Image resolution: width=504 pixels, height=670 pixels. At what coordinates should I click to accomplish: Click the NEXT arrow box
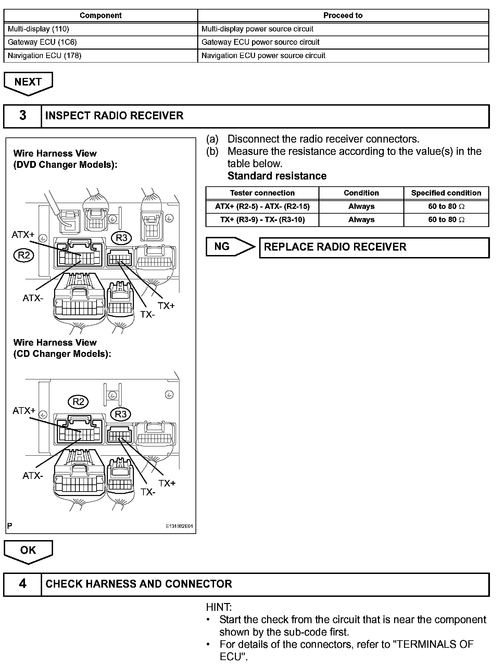tap(28, 82)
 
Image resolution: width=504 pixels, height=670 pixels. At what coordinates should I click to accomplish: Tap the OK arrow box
tap(28, 550)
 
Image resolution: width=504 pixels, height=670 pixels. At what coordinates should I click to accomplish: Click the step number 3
tap(23, 116)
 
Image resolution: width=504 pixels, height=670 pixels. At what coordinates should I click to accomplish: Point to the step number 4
tap(23, 584)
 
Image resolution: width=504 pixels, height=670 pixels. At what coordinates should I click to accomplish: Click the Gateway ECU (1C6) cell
tap(101, 42)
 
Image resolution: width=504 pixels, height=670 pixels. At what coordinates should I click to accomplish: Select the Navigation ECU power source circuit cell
tap(343, 56)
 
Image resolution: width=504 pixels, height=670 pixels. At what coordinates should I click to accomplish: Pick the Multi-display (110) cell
tap(101, 29)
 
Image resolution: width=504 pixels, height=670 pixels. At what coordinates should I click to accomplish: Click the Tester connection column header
tap(262, 193)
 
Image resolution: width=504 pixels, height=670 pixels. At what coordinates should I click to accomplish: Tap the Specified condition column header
tap(446, 193)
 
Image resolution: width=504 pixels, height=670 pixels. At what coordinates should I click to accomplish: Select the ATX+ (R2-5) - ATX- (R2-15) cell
tap(262, 206)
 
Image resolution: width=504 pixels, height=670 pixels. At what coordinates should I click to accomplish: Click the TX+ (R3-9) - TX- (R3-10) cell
tap(262, 220)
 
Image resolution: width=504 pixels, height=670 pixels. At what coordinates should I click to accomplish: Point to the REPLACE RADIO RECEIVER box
tap(374, 247)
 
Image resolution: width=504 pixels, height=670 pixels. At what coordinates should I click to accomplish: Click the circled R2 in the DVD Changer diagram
tap(24, 255)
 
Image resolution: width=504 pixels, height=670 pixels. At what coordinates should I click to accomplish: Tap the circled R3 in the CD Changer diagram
tap(121, 414)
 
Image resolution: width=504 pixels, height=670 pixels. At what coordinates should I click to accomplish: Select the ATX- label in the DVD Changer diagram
tap(33, 298)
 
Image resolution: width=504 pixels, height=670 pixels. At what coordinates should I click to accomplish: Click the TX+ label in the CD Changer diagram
tap(167, 483)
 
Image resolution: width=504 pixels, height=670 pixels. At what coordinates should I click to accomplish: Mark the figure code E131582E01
tap(179, 526)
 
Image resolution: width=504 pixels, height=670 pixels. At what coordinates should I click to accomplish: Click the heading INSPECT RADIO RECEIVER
tap(114, 116)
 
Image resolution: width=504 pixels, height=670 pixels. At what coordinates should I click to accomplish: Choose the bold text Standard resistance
tap(277, 176)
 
